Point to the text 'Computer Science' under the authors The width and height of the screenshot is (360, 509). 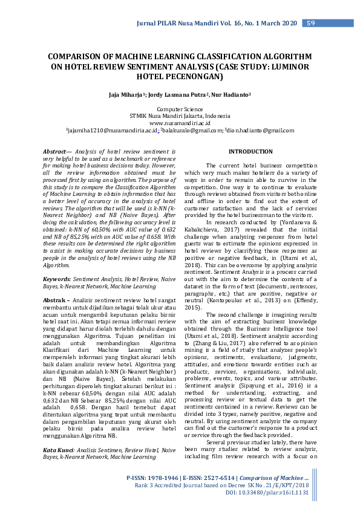pos(180,108)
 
